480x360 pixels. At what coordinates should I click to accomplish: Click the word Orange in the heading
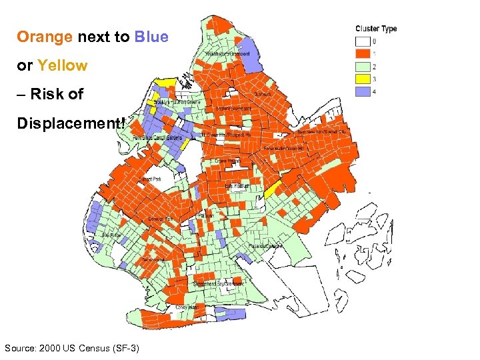(45, 37)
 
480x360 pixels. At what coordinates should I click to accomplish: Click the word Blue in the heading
(151, 37)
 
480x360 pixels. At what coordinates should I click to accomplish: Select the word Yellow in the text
(63, 65)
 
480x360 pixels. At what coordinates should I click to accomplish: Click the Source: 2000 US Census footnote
(71, 348)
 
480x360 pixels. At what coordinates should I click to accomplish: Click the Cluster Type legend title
(376, 29)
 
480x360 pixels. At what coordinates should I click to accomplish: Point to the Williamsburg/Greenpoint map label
(227, 53)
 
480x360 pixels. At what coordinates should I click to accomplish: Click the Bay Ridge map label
(111, 235)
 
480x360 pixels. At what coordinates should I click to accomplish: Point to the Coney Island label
(187, 307)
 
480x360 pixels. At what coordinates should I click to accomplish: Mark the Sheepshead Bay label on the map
(218, 284)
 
